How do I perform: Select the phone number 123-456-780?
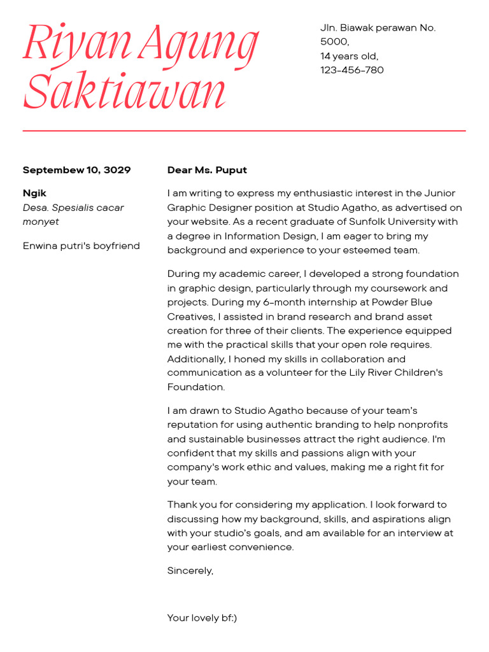pyautogui.click(x=351, y=70)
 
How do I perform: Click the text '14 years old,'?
pyautogui.click(x=349, y=56)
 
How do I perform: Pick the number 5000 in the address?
pyautogui.click(x=334, y=42)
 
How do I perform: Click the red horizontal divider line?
pyautogui.click(x=244, y=131)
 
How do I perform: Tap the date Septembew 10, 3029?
pyautogui.click(x=76, y=170)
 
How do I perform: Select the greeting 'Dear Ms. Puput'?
pyautogui.click(x=207, y=170)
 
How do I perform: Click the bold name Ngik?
pyautogui.click(x=34, y=193)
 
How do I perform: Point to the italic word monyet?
pyautogui.click(x=41, y=222)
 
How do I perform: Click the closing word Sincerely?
pyautogui.click(x=190, y=570)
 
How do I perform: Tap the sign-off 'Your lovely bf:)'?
pyautogui.click(x=202, y=618)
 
